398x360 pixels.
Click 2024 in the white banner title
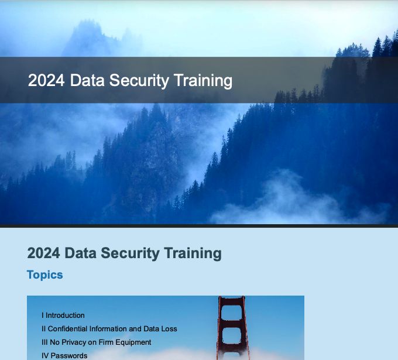click(x=46, y=80)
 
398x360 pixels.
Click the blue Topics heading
click(x=45, y=275)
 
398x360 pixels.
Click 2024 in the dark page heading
click(x=44, y=253)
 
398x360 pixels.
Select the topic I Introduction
click(x=63, y=316)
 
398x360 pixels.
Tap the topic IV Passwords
click(x=64, y=356)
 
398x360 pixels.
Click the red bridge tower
click(x=231, y=328)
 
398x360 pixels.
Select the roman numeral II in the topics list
click(x=43, y=329)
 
